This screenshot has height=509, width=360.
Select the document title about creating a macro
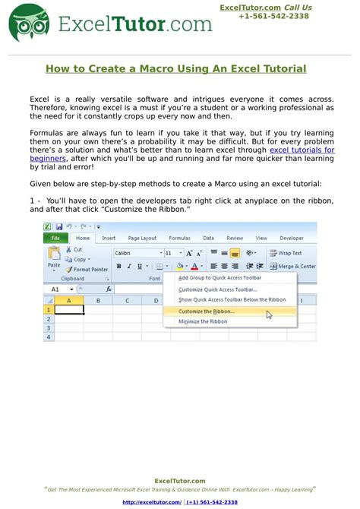pos(175,68)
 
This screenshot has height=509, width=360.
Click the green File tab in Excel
pos(55,238)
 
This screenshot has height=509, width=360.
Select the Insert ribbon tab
pos(109,238)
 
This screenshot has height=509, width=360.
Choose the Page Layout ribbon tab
pos(142,238)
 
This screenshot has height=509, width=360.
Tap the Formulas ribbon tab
pos(179,238)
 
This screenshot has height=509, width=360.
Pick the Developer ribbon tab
pos(291,238)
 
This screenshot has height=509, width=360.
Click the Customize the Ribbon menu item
pos(207,311)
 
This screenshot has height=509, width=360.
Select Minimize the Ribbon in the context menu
pos(203,321)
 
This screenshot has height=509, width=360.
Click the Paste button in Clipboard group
pos(54,260)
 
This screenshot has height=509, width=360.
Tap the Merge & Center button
pos(292,267)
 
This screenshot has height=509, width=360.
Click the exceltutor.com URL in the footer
pos(152,502)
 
